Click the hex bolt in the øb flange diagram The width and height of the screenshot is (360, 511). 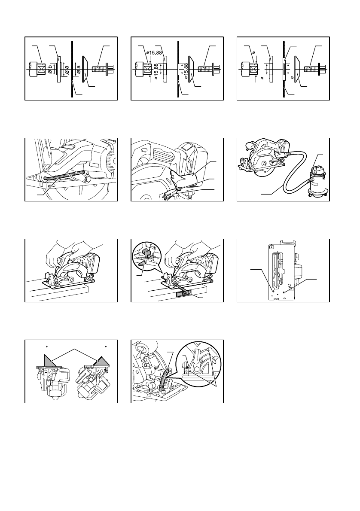click(x=101, y=70)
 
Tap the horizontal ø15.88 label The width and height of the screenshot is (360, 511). click(x=155, y=52)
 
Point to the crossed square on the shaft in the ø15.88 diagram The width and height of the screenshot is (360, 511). click(x=147, y=70)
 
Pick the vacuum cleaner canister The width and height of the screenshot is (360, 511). click(x=315, y=181)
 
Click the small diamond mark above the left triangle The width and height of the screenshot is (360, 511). click(x=47, y=347)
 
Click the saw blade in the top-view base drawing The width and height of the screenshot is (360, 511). click(x=278, y=270)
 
